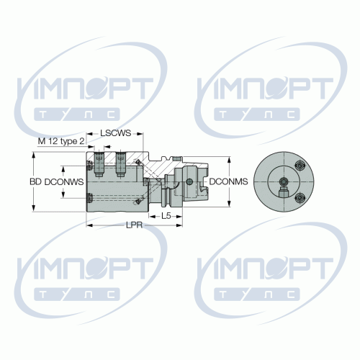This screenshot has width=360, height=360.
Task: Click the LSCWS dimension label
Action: [115, 133]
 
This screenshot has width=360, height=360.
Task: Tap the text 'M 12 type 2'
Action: [61, 141]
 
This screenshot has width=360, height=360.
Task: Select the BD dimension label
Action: [35, 181]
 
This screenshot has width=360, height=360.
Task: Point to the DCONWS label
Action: [64, 181]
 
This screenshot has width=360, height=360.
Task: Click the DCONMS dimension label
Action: [228, 181]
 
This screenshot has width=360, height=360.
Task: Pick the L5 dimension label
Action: [166, 216]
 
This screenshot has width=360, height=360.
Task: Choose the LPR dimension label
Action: [135, 225]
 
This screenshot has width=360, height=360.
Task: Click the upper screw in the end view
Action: [300, 165]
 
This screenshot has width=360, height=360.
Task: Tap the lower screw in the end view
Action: [300, 198]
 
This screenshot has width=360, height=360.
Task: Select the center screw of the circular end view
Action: [284, 181]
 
